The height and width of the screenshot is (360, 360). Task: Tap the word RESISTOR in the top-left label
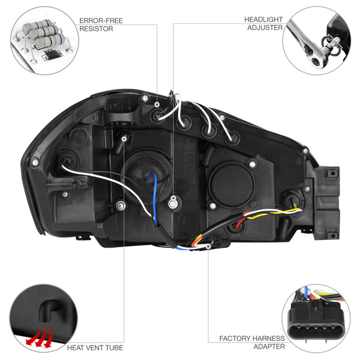(x=96, y=28)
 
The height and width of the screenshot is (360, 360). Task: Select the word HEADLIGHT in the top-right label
(x=263, y=20)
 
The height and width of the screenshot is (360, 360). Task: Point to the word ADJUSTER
(x=266, y=28)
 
